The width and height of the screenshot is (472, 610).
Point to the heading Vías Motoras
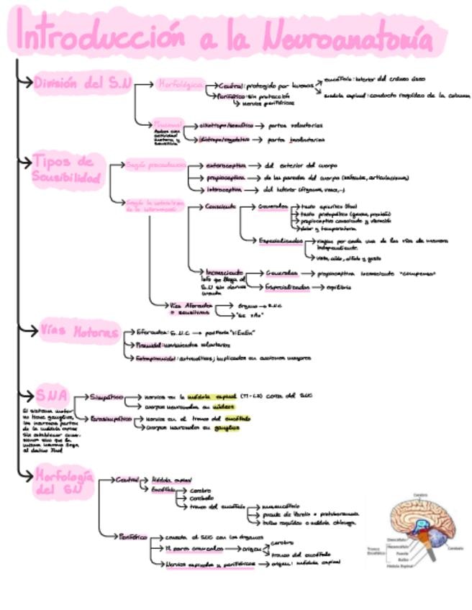(79, 333)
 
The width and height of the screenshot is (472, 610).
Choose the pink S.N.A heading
(51, 396)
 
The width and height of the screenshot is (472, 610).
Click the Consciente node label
(220, 206)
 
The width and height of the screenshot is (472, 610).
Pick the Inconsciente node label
(224, 273)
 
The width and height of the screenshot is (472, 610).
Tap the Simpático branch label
(106, 396)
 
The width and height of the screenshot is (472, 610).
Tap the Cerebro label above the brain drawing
(420, 494)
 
